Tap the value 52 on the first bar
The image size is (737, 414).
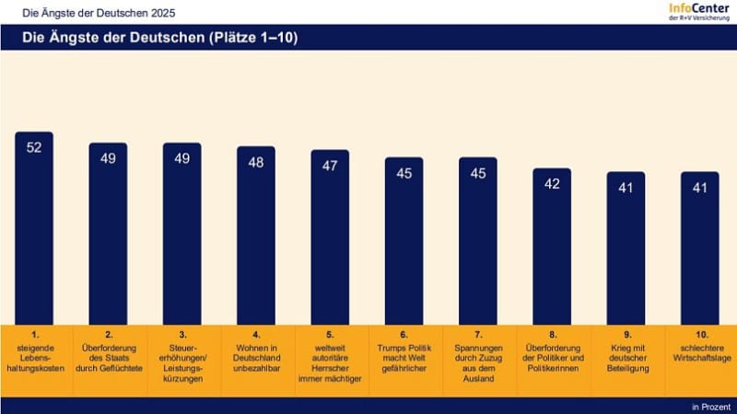click(x=34, y=148)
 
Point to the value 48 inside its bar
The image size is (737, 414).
click(x=256, y=162)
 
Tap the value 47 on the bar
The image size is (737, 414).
click(x=330, y=166)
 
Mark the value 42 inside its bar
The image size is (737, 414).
click(x=552, y=184)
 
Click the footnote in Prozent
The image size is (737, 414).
click(x=710, y=405)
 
